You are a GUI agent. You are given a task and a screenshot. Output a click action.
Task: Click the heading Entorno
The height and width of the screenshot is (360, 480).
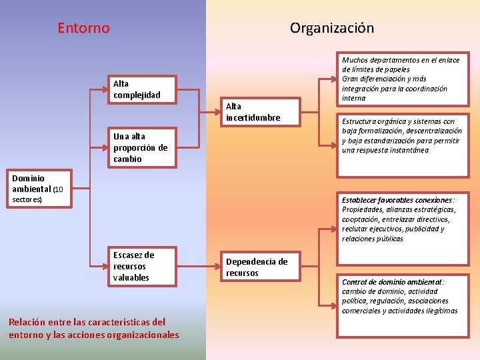[x=83, y=28]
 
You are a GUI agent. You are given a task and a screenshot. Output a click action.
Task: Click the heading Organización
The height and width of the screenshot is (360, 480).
[x=331, y=28]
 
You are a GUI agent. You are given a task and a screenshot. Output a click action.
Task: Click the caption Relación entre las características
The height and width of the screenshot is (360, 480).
[x=94, y=329]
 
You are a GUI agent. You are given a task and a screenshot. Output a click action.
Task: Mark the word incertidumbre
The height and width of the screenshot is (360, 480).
[x=253, y=117]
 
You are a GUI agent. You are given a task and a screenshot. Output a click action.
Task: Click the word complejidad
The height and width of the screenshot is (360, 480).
[x=137, y=95]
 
